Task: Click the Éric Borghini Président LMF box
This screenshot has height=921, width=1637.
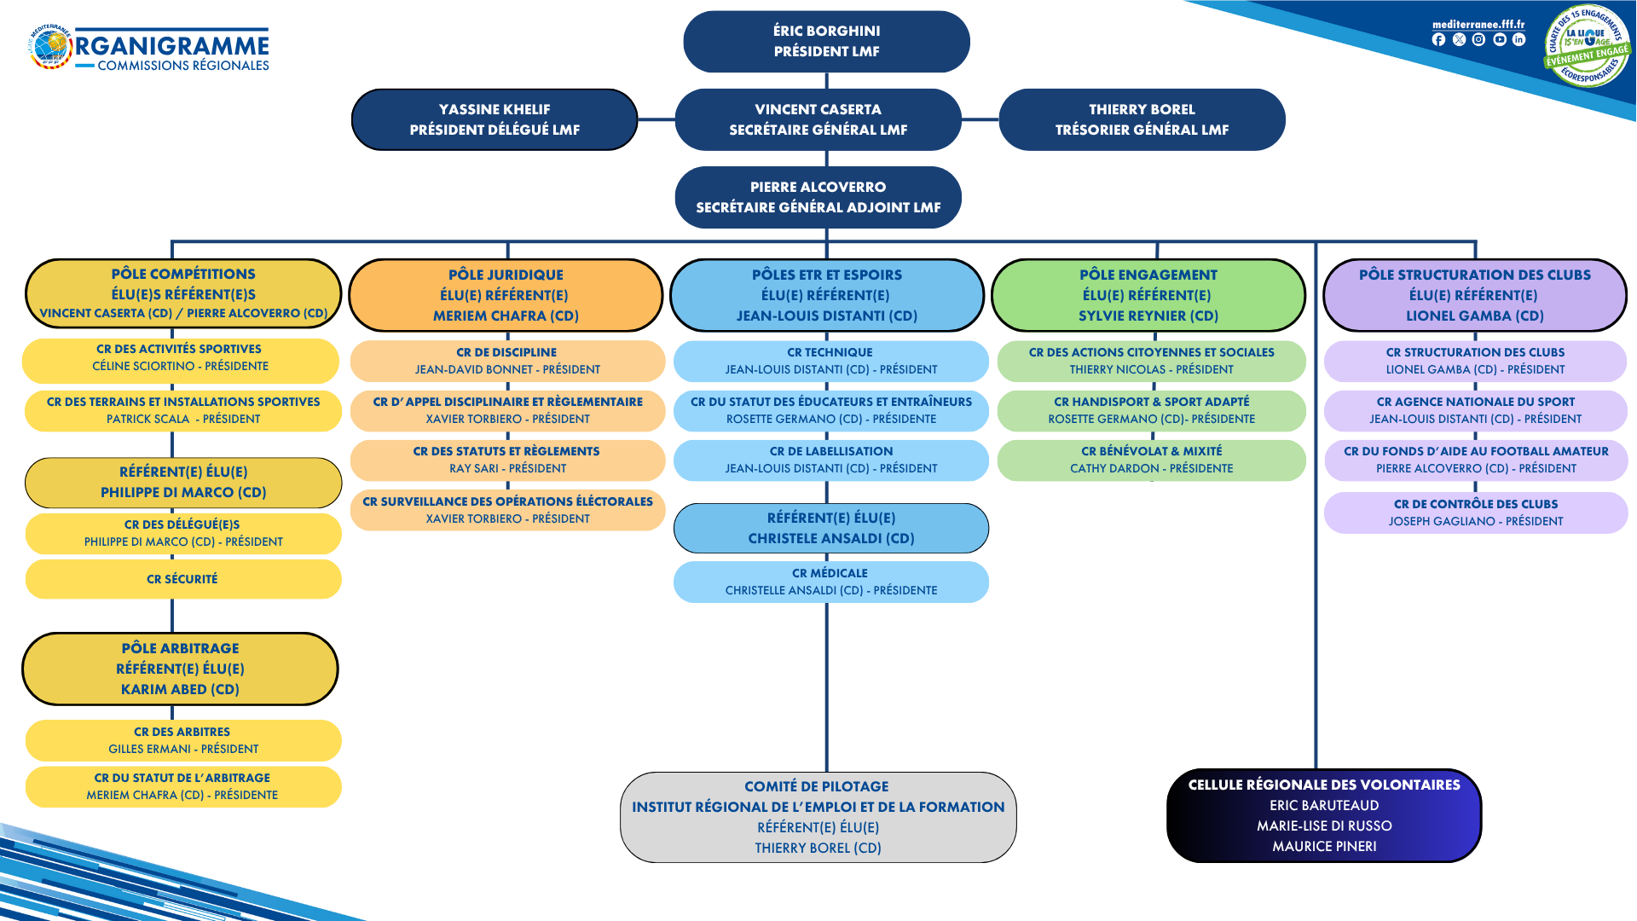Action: [826, 42]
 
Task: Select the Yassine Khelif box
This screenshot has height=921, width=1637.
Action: [495, 120]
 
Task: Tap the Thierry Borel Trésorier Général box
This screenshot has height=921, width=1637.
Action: [1142, 120]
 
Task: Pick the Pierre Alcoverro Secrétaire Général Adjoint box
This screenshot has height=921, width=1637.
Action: [818, 198]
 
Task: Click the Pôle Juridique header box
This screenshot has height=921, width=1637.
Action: [506, 295]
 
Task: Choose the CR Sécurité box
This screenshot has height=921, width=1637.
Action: [182, 580]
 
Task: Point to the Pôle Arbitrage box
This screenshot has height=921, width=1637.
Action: [180, 669]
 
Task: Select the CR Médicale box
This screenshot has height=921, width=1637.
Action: [830, 582]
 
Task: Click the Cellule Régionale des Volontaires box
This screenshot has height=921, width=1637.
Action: [1323, 815]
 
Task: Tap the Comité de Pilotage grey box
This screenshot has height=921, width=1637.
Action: [818, 817]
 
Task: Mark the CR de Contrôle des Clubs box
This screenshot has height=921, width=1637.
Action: [1475, 513]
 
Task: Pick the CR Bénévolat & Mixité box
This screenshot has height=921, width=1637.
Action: [1151, 460]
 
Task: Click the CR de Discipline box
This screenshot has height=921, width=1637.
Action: [507, 362]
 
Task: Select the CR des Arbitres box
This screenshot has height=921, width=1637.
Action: [182, 740]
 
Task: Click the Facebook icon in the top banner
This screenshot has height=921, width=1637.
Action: [1438, 40]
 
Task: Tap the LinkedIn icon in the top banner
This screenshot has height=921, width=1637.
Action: [1518, 40]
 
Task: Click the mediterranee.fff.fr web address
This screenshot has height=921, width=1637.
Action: [1478, 25]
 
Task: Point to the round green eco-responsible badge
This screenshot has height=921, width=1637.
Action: [1586, 46]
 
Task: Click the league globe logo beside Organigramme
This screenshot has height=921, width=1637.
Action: [51, 47]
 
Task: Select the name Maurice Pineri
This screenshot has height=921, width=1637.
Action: [1324, 847]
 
